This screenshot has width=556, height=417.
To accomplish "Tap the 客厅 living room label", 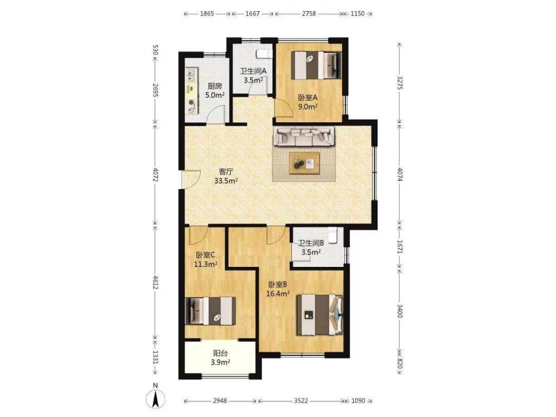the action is (x=226, y=172).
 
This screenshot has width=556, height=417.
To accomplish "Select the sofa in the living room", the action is (x=304, y=136).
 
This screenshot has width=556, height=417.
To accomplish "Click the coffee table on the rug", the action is (x=304, y=163).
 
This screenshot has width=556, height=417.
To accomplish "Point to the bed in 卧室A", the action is (x=316, y=65).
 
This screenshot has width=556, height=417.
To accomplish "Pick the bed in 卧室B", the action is (x=320, y=315).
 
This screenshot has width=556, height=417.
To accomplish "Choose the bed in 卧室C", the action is (x=211, y=311).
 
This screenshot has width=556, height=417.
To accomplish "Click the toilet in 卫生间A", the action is (x=264, y=54).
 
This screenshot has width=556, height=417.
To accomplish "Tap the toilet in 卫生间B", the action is (x=332, y=235).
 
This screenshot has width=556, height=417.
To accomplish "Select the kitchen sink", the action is (x=191, y=75).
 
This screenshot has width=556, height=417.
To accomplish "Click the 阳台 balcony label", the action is (x=220, y=354).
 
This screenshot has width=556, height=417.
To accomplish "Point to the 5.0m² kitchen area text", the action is (x=215, y=95).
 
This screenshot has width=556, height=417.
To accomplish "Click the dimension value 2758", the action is (x=309, y=14).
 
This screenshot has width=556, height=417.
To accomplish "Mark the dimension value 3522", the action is (x=301, y=401).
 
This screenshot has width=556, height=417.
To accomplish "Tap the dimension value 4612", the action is (x=155, y=281).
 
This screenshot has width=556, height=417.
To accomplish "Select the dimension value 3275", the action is (x=400, y=82).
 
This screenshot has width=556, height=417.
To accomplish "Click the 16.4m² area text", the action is (x=278, y=293).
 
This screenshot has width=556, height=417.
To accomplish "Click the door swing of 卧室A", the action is (x=284, y=108).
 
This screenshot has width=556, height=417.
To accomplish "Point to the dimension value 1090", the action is (x=358, y=401).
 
